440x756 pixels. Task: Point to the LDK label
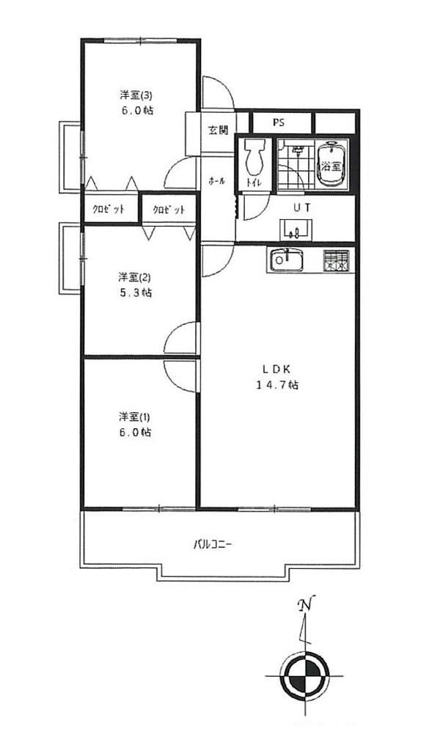coord(276,370)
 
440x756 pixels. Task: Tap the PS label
coord(279,122)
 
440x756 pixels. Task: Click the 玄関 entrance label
coord(218,130)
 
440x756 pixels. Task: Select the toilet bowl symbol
coord(254,158)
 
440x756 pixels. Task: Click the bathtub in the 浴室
coord(331,164)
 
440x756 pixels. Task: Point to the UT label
coord(303,208)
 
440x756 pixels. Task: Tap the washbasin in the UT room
coord(296,229)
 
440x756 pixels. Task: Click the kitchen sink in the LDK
coord(285,260)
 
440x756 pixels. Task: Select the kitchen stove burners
coord(337,261)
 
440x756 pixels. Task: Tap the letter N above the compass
coord(306,604)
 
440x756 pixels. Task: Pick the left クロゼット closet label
coord(109,209)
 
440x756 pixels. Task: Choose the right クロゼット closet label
coord(169,210)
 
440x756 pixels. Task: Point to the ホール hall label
coord(216,181)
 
